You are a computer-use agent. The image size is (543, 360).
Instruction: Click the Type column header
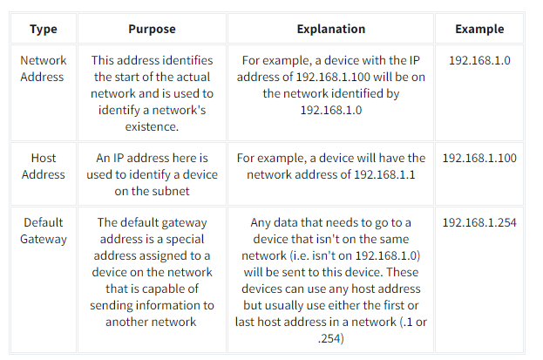click(x=43, y=29)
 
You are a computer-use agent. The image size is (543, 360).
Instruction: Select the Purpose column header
click(x=152, y=29)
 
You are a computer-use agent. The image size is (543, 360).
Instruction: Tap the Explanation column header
click(x=330, y=29)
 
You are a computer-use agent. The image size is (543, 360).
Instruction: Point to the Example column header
click(x=479, y=29)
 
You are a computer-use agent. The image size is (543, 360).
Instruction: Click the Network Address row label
click(x=43, y=69)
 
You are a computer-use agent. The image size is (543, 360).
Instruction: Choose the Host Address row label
click(x=43, y=166)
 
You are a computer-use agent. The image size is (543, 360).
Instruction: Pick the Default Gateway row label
click(x=43, y=230)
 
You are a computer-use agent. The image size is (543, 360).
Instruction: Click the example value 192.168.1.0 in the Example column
click(x=479, y=62)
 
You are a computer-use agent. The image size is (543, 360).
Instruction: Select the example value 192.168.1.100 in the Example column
click(x=479, y=159)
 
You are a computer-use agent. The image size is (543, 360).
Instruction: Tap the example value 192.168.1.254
click(x=479, y=222)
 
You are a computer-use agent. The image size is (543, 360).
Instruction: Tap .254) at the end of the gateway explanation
click(x=330, y=338)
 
